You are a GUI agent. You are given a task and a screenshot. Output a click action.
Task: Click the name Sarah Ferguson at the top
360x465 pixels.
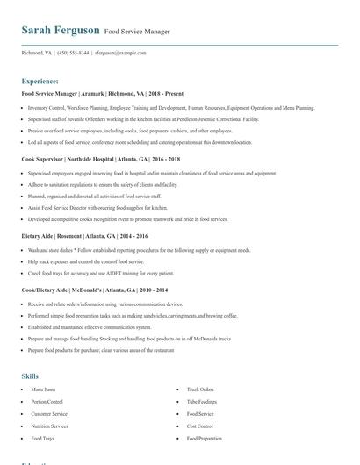point(61,31)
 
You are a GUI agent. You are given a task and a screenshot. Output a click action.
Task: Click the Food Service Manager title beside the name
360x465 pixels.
point(137,32)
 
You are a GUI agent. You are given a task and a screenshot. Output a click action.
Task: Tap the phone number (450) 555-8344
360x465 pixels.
point(73,53)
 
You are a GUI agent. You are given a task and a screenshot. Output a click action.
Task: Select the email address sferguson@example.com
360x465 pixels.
point(120,53)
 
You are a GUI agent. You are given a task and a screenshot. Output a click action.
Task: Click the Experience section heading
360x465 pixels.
point(40,81)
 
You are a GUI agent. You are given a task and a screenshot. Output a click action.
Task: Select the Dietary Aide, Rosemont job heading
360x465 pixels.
point(85,237)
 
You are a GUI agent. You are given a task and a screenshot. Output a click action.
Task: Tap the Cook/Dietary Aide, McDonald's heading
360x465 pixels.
point(95,290)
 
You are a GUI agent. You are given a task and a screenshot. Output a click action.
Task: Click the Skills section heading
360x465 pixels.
point(30,376)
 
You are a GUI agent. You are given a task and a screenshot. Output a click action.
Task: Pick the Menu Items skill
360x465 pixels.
point(44,389)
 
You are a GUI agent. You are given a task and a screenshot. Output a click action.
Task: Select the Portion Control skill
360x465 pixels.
point(47,401)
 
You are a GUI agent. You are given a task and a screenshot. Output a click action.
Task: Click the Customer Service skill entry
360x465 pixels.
point(49,413)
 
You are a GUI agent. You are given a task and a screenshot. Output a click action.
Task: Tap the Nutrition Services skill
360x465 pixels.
point(50,426)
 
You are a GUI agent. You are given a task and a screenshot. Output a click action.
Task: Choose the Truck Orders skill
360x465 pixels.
point(200,389)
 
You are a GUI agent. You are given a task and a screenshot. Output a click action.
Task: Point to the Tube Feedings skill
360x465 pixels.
point(201,401)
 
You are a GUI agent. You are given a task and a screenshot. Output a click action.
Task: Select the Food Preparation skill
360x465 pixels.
point(204,438)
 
